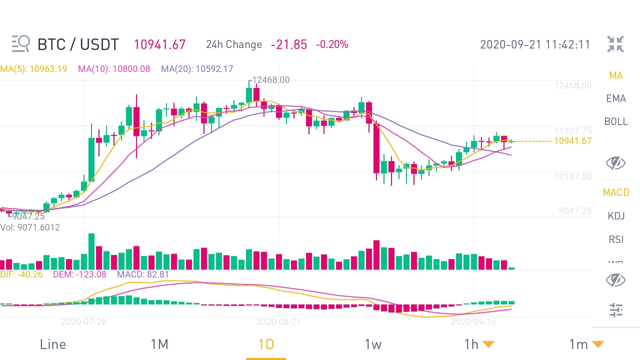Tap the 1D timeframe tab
(x=266, y=344)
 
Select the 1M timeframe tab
(x=159, y=344)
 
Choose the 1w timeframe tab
(x=373, y=344)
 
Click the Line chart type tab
(x=52, y=344)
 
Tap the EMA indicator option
(x=616, y=98)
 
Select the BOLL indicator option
(x=616, y=121)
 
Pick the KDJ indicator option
(x=616, y=216)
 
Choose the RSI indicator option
(x=616, y=239)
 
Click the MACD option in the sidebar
(x=616, y=192)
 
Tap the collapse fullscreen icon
(x=615, y=44)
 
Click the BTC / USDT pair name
(x=78, y=44)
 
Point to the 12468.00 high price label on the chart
(x=270, y=80)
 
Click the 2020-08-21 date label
(x=278, y=322)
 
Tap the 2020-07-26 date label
(x=83, y=322)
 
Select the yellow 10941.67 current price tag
(x=573, y=141)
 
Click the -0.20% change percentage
(x=332, y=44)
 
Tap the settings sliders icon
(x=616, y=310)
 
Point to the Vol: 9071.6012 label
(x=30, y=227)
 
